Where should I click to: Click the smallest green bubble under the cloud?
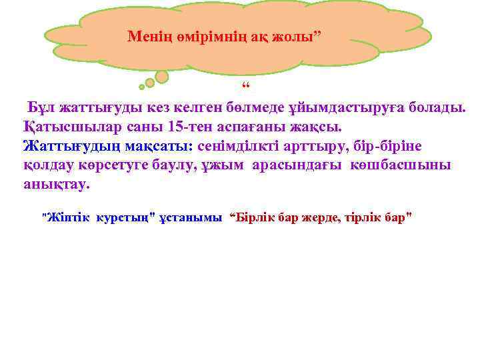[141, 87]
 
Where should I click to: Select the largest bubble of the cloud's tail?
[162, 77]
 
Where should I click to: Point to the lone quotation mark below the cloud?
[245, 89]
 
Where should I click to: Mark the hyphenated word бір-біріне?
[384, 146]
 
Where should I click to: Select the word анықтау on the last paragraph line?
[55, 184]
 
